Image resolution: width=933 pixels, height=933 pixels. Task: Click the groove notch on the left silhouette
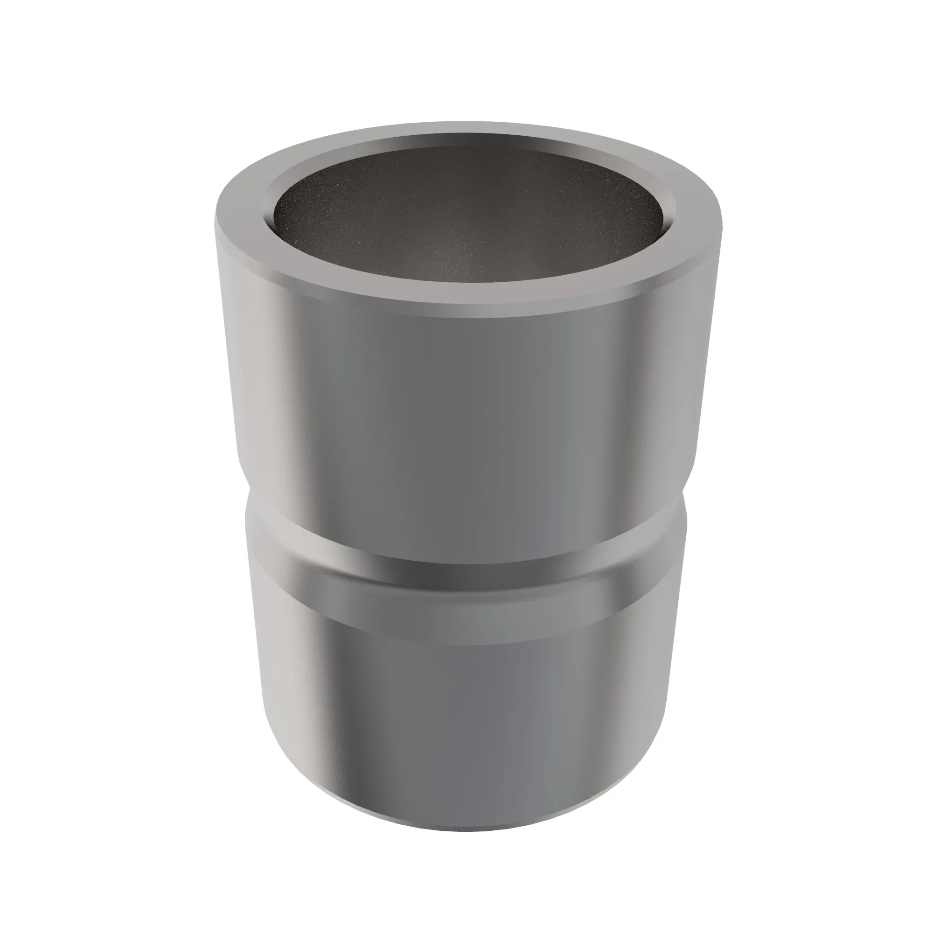click(x=247, y=502)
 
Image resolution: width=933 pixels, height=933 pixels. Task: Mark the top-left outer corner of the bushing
click(x=216, y=217)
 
